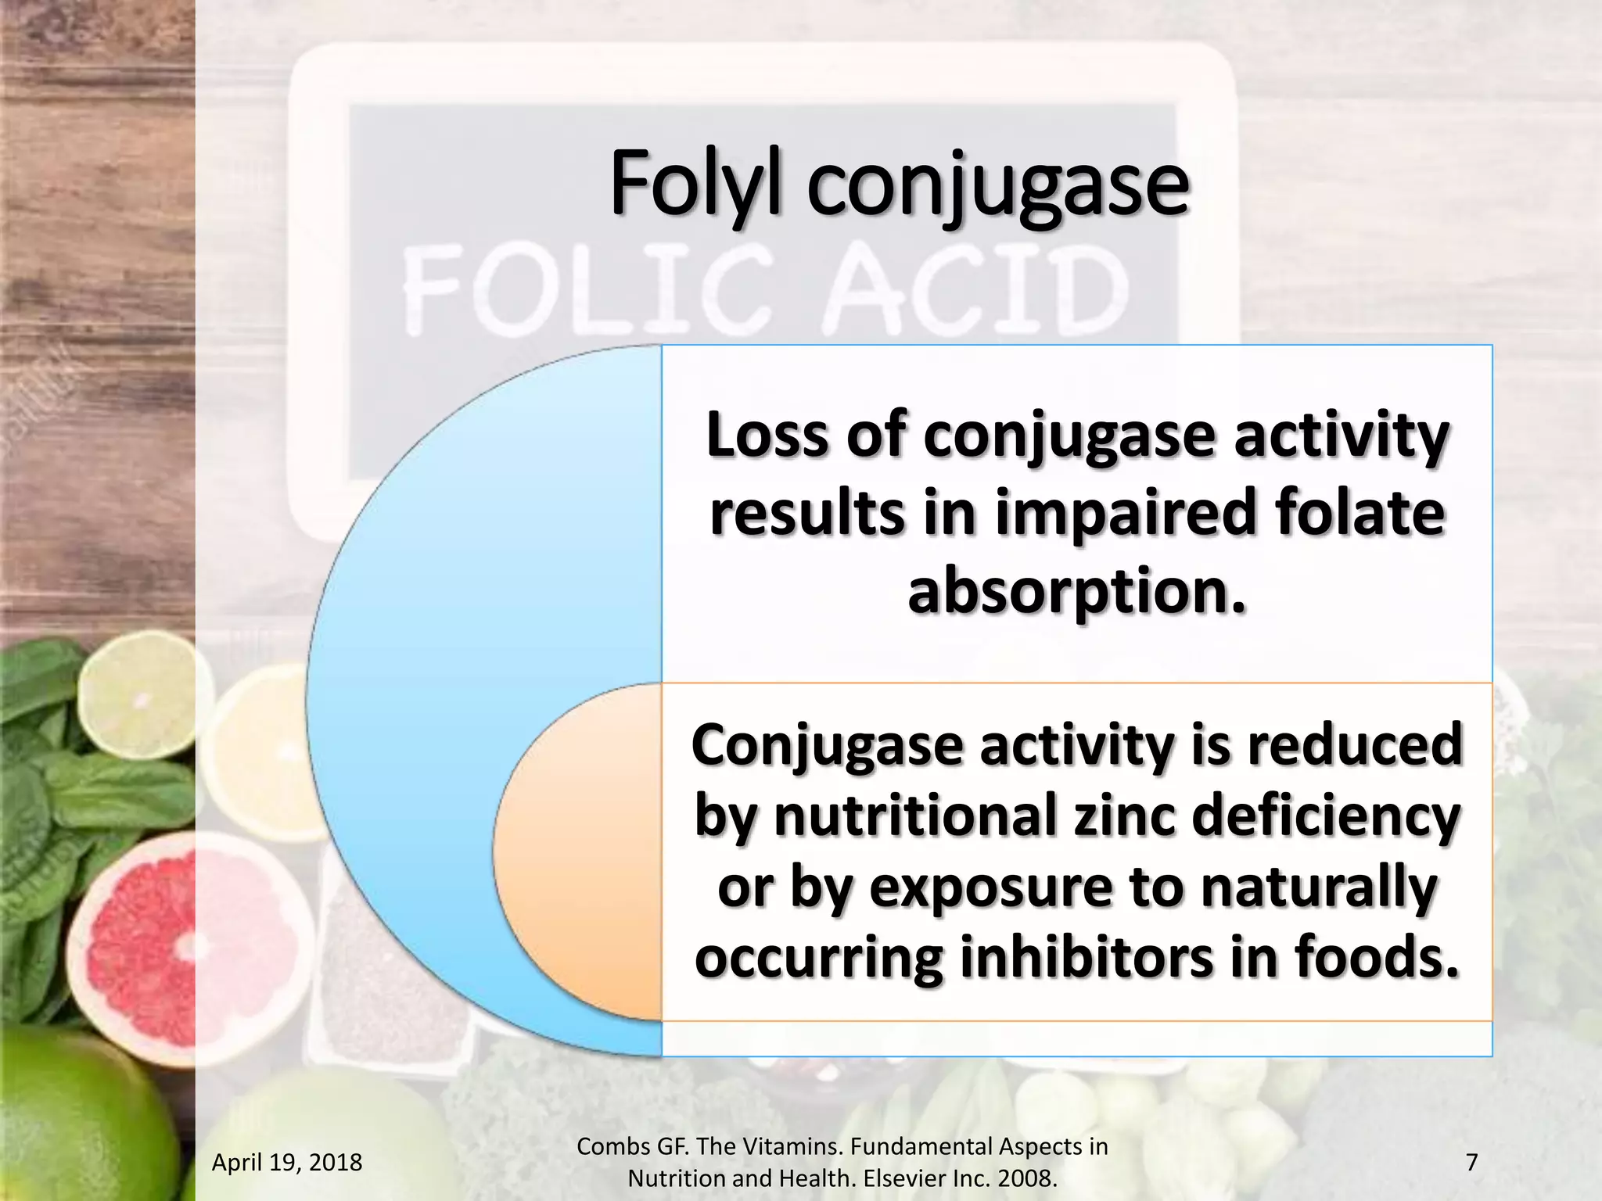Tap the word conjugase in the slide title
(998, 188)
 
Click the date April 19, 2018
(287, 1163)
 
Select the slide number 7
(1471, 1163)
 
